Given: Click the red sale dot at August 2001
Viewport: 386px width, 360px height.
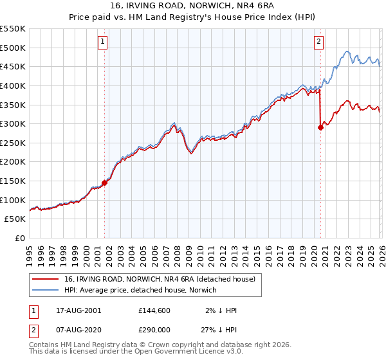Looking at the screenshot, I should pos(104,183).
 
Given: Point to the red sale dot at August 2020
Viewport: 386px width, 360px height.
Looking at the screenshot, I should pos(320,127).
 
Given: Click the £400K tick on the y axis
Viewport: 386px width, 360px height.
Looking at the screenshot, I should pos(13,85).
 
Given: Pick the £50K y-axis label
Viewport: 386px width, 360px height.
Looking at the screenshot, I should pos(15,219).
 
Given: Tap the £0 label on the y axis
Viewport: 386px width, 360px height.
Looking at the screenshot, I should pos(21,239).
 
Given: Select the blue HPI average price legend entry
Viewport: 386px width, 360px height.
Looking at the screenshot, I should pos(140,290).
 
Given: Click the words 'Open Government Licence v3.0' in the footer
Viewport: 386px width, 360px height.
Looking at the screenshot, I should pos(193,352).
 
